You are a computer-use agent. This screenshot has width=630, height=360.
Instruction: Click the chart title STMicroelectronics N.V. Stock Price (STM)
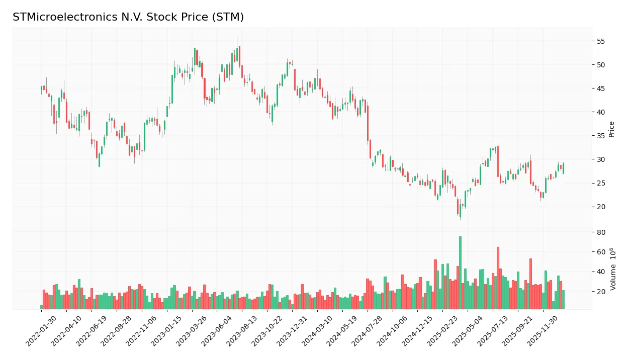[x=128, y=17]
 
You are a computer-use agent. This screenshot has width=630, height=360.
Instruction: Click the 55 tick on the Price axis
[x=601, y=41]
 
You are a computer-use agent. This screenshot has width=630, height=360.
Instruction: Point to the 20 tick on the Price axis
[x=601, y=207]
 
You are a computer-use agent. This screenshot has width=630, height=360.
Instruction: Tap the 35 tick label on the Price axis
[x=601, y=136]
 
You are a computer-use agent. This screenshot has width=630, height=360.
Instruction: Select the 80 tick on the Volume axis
[x=601, y=232]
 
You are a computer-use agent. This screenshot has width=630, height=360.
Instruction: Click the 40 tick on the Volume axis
[x=601, y=272]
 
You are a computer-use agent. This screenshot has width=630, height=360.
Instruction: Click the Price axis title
[x=612, y=129]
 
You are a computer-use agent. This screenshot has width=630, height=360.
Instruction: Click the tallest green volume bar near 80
[x=460, y=273]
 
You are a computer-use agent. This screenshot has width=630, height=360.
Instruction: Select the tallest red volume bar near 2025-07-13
[x=498, y=278]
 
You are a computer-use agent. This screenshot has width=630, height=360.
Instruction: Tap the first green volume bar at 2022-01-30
[x=42, y=307]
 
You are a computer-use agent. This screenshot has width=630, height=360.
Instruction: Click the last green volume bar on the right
[x=563, y=299]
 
